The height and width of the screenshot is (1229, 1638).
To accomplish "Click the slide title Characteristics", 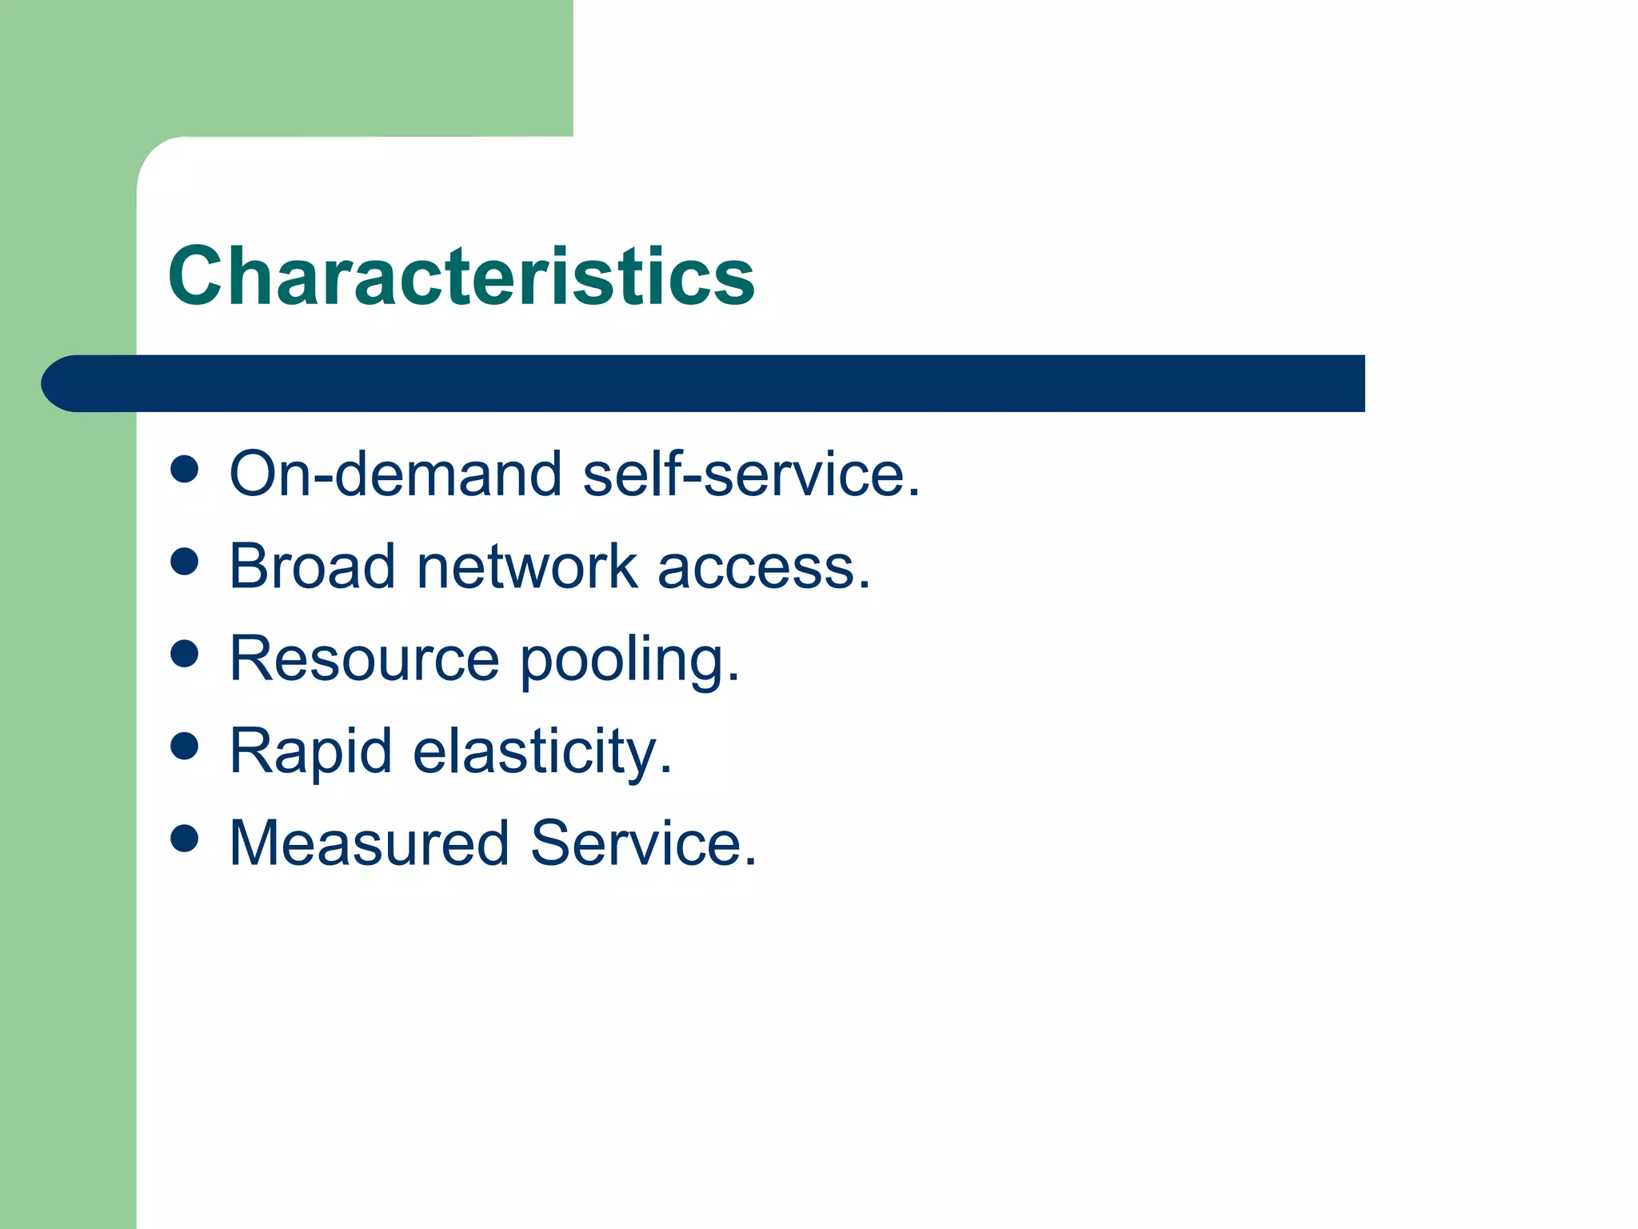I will click(x=461, y=276).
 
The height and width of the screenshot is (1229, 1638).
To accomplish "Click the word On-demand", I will click(x=396, y=474).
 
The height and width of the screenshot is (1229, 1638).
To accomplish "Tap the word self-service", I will click(x=752, y=474).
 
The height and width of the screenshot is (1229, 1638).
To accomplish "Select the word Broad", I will click(x=312, y=566).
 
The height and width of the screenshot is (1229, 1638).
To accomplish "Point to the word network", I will click(x=526, y=566).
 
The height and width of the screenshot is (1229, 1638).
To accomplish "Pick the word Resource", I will click(x=364, y=659).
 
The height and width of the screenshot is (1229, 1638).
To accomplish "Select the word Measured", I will click(x=369, y=843).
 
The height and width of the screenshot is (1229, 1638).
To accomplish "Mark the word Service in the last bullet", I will click(x=643, y=843).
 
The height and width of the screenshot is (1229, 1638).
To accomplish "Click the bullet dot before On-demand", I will click(x=185, y=470).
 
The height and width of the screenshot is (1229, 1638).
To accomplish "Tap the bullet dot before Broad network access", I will click(x=185, y=562).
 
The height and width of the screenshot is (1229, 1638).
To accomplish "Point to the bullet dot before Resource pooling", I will click(x=185, y=654).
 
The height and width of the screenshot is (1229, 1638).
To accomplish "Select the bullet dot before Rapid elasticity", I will click(x=185, y=747).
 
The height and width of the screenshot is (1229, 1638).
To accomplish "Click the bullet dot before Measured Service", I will click(x=185, y=839).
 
